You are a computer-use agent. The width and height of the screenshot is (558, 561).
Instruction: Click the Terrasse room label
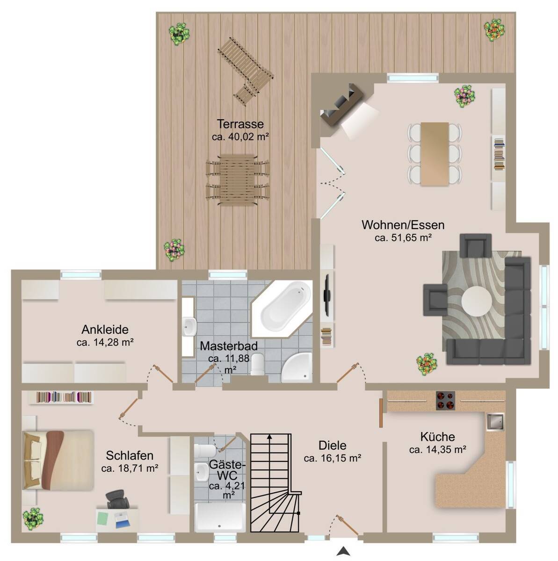pyautogui.click(x=240, y=124)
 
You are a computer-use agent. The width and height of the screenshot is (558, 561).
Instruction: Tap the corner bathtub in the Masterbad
pyautogui.click(x=282, y=309)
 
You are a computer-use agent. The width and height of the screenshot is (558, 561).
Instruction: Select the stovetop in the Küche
pyautogui.click(x=445, y=401)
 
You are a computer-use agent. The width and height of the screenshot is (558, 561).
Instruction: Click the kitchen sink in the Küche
pyautogui.click(x=495, y=421)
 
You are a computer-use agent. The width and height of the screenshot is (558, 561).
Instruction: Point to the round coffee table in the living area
pyautogui.click(x=477, y=301)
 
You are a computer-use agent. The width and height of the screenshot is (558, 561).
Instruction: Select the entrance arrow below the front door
pyautogui.click(x=343, y=551)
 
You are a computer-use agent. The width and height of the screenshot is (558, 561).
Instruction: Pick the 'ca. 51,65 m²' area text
pyautogui.click(x=403, y=237)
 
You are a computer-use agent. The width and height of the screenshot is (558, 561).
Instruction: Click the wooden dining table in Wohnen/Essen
pyautogui.click(x=435, y=154)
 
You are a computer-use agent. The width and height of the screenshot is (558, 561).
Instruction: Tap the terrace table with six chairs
pyautogui.click(x=238, y=180)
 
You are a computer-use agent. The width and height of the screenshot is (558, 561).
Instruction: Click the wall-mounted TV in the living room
pyautogui.click(x=327, y=295)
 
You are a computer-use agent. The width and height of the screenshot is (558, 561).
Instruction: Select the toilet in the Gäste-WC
pyautogui.click(x=205, y=451)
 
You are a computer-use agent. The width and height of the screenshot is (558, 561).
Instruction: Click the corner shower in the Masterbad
pyautogui.click(x=297, y=367)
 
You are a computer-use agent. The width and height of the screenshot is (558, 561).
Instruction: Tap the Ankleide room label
pyautogui.click(x=105, y=330)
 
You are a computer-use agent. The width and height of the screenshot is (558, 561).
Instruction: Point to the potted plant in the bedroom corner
pyautogui.click(x=33, y=519)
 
